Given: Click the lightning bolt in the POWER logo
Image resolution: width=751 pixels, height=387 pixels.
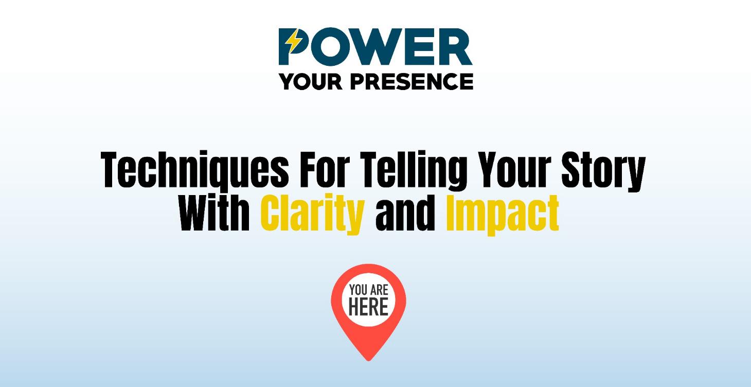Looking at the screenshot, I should tap(294, 42).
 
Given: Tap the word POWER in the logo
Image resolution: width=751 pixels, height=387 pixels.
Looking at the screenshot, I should tap(375, 47).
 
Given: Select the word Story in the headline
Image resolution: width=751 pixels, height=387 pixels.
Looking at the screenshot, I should tap(603, 171).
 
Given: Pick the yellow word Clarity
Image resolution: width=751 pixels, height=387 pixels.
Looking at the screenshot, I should tap(312, 213).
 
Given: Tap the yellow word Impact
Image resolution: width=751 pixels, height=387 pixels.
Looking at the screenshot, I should tap(502, 213).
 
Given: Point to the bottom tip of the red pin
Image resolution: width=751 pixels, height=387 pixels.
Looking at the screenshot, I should tap(368, 359).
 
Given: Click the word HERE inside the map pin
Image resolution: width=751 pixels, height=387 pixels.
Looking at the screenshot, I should tap(368, 308).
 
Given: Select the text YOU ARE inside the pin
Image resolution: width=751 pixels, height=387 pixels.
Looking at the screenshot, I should tap(368, 290).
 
